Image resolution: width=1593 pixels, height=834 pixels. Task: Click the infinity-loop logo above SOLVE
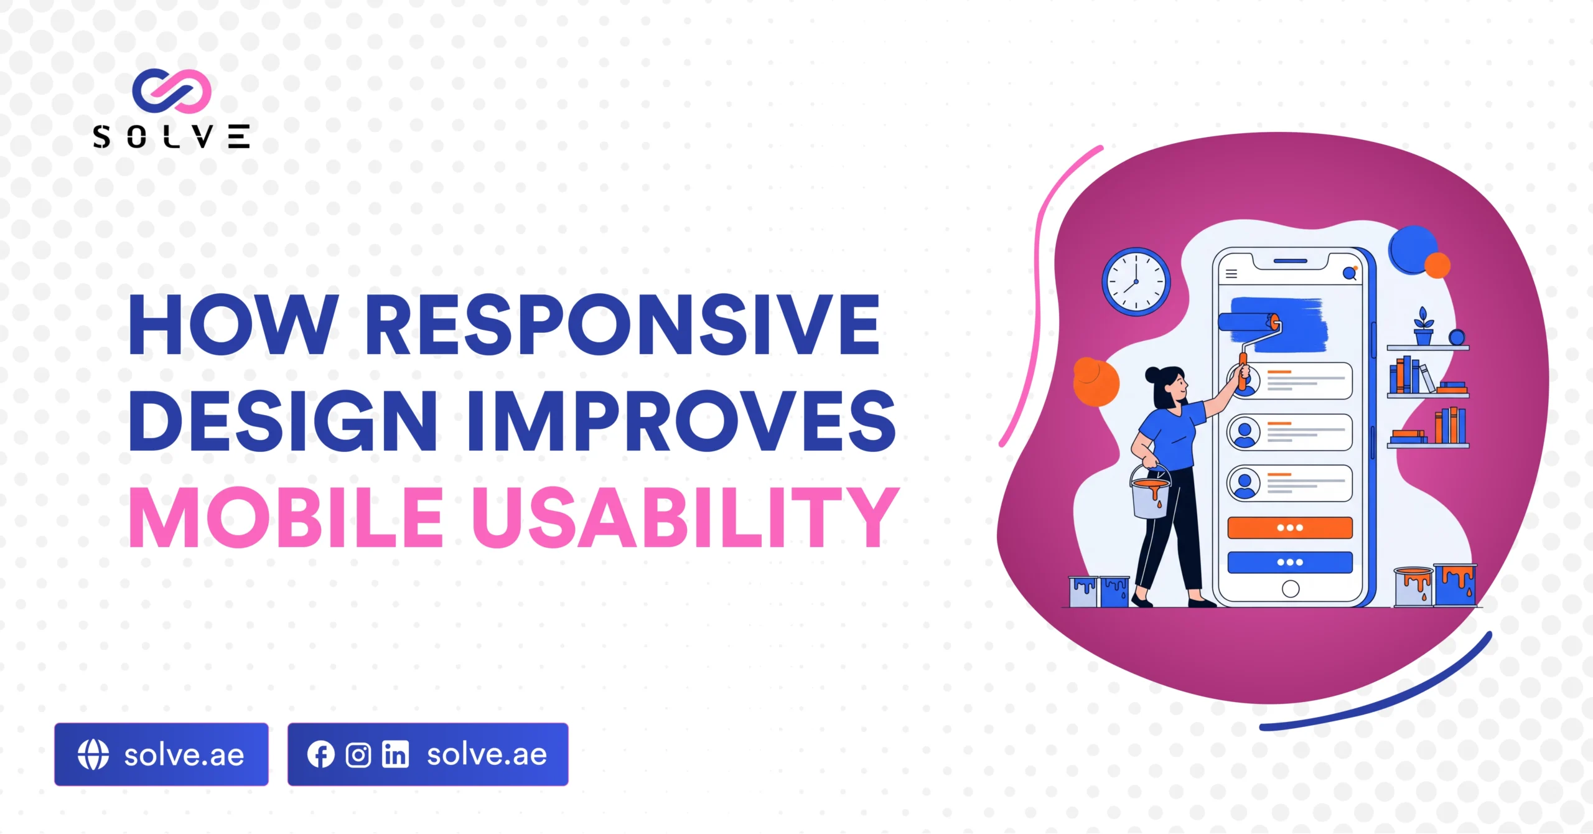pos(172,91)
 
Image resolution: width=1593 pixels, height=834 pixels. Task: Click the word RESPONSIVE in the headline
pos(622,325)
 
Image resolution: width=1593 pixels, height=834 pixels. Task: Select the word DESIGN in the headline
pos(283,421)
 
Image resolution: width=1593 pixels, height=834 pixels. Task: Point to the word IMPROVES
pos(681,421)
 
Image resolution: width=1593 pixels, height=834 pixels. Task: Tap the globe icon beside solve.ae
pos(93,754)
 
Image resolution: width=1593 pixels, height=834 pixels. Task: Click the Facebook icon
pos(320,755)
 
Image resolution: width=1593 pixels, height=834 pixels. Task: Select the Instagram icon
pos(358,755)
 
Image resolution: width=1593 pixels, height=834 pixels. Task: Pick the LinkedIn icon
pos(396,755)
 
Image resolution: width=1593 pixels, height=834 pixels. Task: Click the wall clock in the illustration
pos(1136,282)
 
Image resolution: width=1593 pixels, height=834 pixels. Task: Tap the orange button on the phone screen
pos(1290,528)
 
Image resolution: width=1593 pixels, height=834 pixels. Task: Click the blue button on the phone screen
pos(1290,562)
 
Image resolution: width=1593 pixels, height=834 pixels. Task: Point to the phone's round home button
pos(1291,589)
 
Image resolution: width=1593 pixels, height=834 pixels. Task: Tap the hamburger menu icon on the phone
pos(1231,274)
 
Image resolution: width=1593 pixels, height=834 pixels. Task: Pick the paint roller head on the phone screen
pos(1248,322)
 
